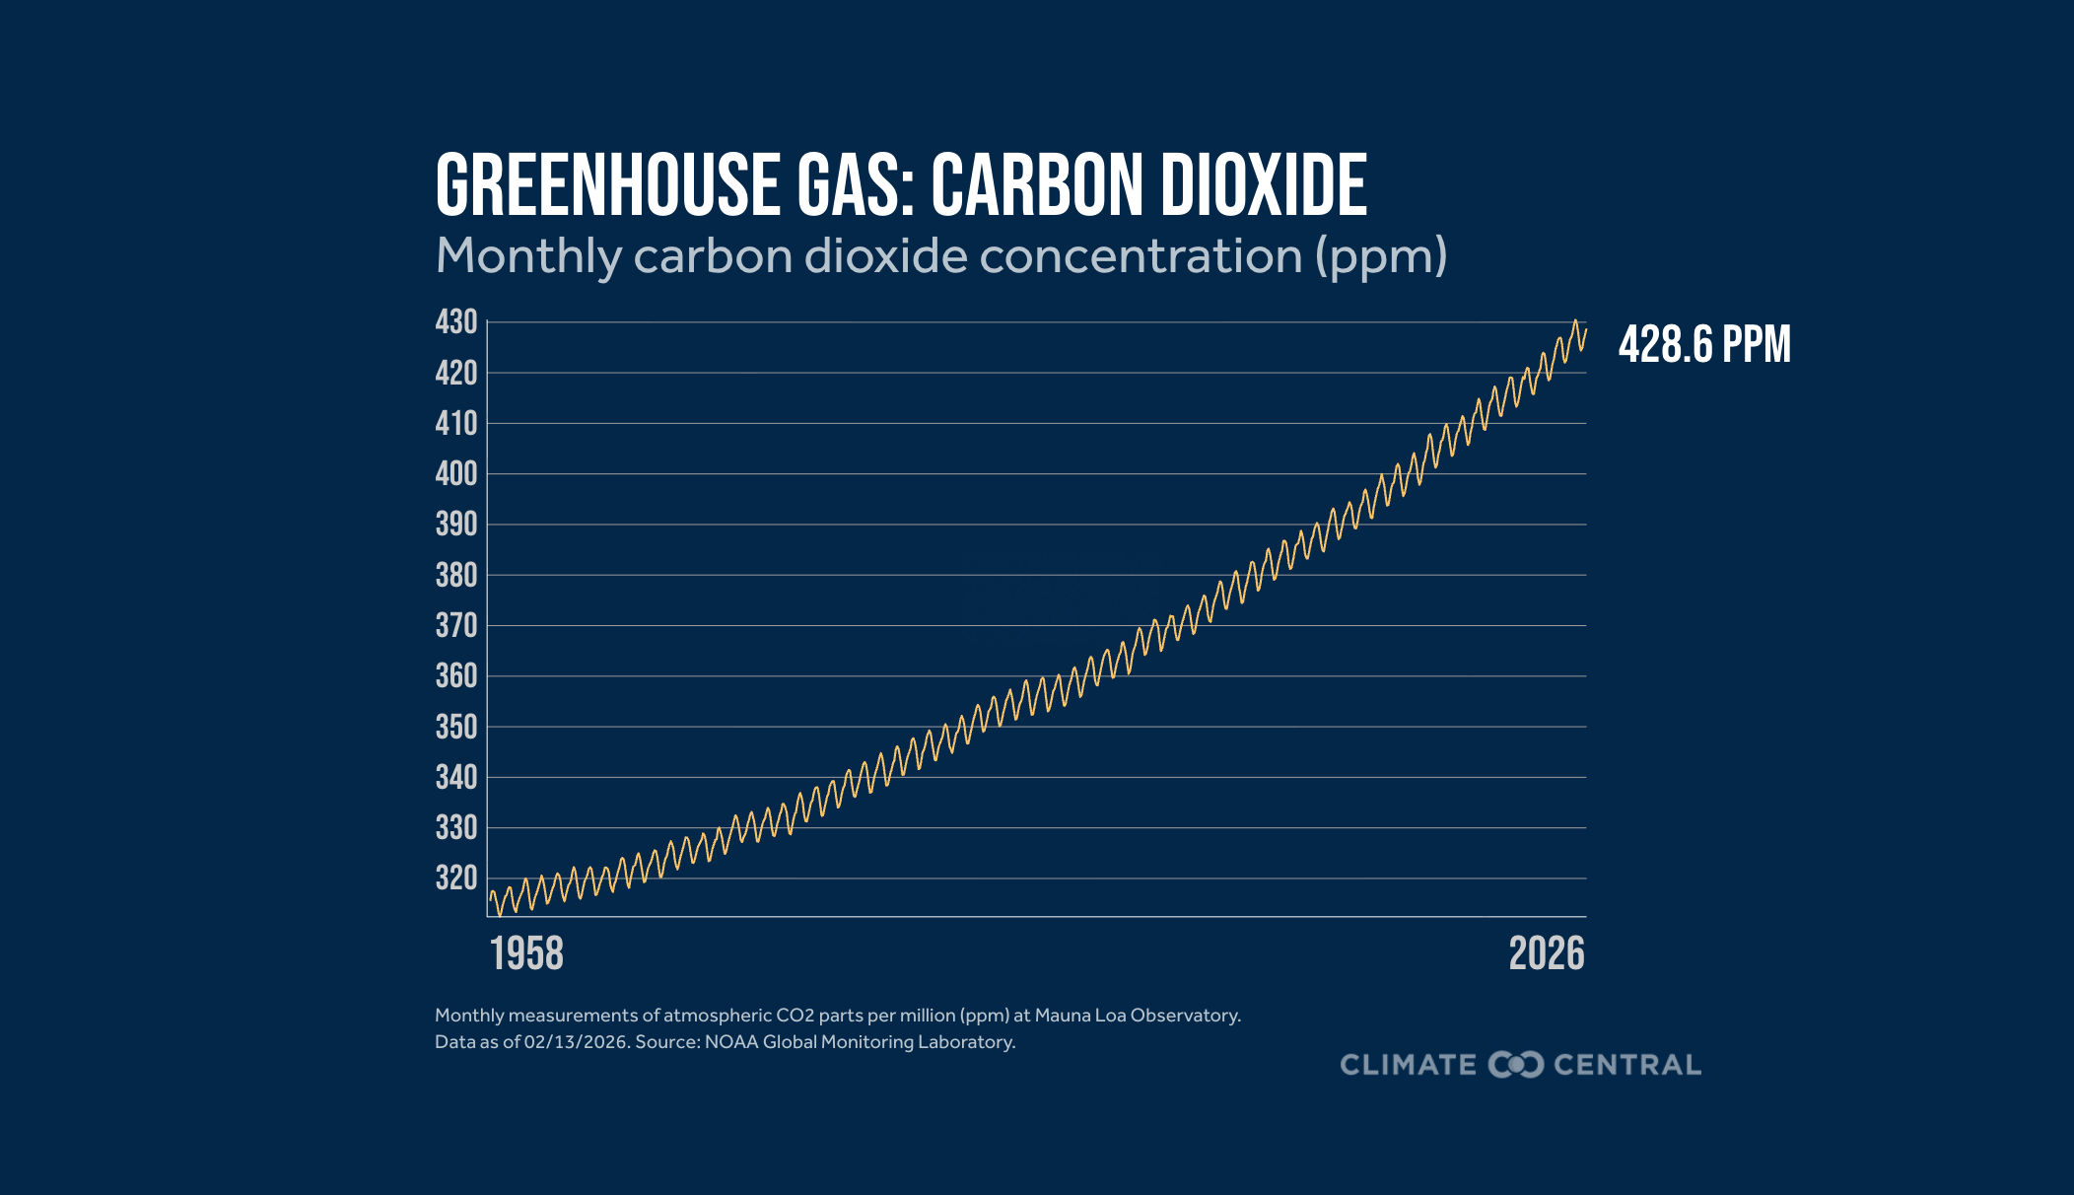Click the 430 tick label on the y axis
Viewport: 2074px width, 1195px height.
pyautogui.click(x=456, y=322)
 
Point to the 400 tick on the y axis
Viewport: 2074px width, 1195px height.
pyautogui.click(x=456, y=474)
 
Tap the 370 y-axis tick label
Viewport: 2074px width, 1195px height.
pyautogui.click(x=456, y=626)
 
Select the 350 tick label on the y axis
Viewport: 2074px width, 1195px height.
pyautogui.click(x=456, y=728)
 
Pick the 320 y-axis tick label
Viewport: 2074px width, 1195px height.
pyautogui.click(x=456, y=879)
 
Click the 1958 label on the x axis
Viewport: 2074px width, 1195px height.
pyautogui.click(x=526, y=954)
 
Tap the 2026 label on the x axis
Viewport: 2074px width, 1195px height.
pyautogui.click(x=1547, y=954)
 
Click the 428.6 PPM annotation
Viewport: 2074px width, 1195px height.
pyautogui.click(x=1704, y=345)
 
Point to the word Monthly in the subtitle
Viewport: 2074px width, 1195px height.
pyautogui.click(x=527, y=256)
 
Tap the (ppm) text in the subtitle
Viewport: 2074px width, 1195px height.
pyautogui.click(x=1381, y=256)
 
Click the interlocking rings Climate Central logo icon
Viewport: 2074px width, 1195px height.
pyautogui.click(x=1515, y=1065)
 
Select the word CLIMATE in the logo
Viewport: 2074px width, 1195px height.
pyautogui.click(x=1408, y=1065)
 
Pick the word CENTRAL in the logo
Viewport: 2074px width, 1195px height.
pyautogui.click(x=1627, y=1065)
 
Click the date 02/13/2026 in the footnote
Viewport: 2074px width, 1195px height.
pyautogui.click(x=576, y=1042)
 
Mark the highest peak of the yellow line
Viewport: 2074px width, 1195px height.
pyautogui.click(x=1575, y=320)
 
